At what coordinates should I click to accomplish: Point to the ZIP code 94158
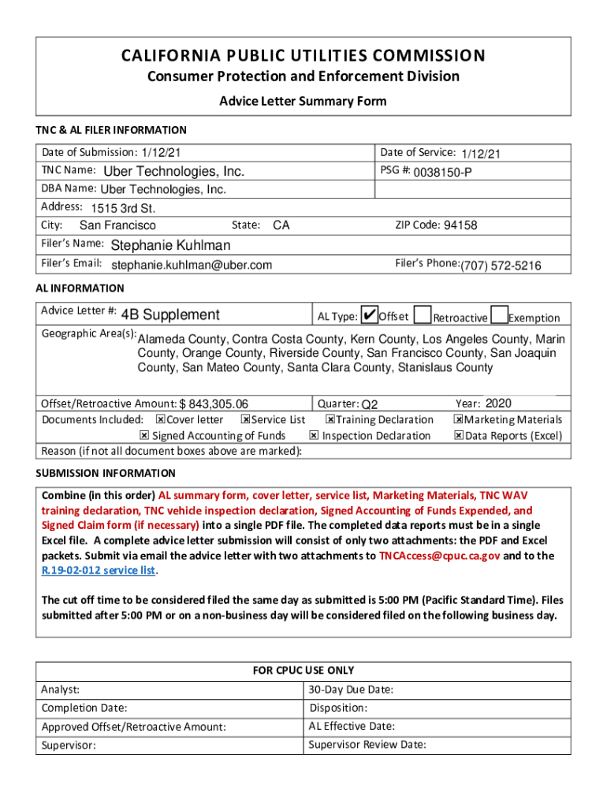point(460,225)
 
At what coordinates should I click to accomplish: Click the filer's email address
point(192,265)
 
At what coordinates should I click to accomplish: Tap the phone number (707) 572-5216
point(501,266)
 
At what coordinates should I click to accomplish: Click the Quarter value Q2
point(370,404)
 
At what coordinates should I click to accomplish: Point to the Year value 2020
point(498,403)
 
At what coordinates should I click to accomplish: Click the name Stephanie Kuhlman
point(171,245)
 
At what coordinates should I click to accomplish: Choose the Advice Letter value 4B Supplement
point(170,314)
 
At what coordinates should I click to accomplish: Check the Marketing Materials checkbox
point(458,420)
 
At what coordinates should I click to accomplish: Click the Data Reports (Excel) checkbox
point(458,436)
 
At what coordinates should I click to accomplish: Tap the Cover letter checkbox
point(161,420)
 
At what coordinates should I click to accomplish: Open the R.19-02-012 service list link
point(99,571)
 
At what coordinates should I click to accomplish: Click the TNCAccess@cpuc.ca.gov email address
point(439,556)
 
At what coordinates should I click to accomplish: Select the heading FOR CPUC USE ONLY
point(303,671)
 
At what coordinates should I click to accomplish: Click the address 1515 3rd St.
point(123,209)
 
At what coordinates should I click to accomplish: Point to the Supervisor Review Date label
point(367,745)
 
